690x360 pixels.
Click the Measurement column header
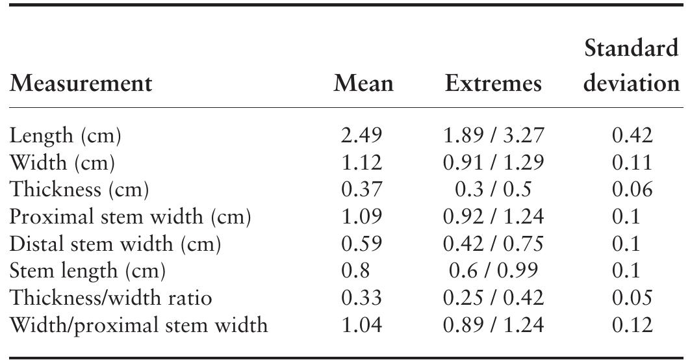(81, 84)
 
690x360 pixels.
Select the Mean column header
(363, 84)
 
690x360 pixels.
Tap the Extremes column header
(493, 84)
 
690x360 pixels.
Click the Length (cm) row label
(66, 135)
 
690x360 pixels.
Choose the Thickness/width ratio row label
(111, 297)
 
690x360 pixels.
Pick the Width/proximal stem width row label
(138, 324)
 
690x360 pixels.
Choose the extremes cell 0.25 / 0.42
(493, 297)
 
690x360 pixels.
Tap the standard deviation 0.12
(632, 324)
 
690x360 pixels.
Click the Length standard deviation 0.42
(632, 135)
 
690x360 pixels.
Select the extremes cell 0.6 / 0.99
(493, 270)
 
